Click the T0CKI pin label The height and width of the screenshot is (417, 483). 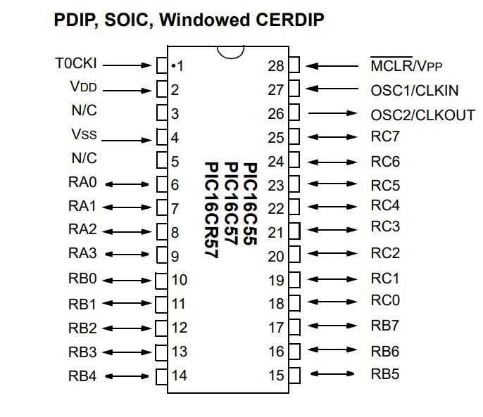pos(75,64)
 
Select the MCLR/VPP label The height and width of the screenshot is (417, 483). pos(406,66)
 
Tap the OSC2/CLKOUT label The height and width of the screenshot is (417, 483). pos(422,115)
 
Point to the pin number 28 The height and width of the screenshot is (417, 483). pos(276,66)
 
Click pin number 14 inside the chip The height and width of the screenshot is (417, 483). pos(180,376)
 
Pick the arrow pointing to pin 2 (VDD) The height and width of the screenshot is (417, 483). pos(127,90)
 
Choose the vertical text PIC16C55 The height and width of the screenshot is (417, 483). pos(250,204)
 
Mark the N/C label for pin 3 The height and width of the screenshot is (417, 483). pos(84,110)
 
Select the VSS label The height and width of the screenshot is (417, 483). pos(84,134)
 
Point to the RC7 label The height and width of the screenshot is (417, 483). pos(384,138)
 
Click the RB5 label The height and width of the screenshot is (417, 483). pos(384,373)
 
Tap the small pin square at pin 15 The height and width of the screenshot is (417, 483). pos(294,374)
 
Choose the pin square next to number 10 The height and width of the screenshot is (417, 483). pos(162,280)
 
